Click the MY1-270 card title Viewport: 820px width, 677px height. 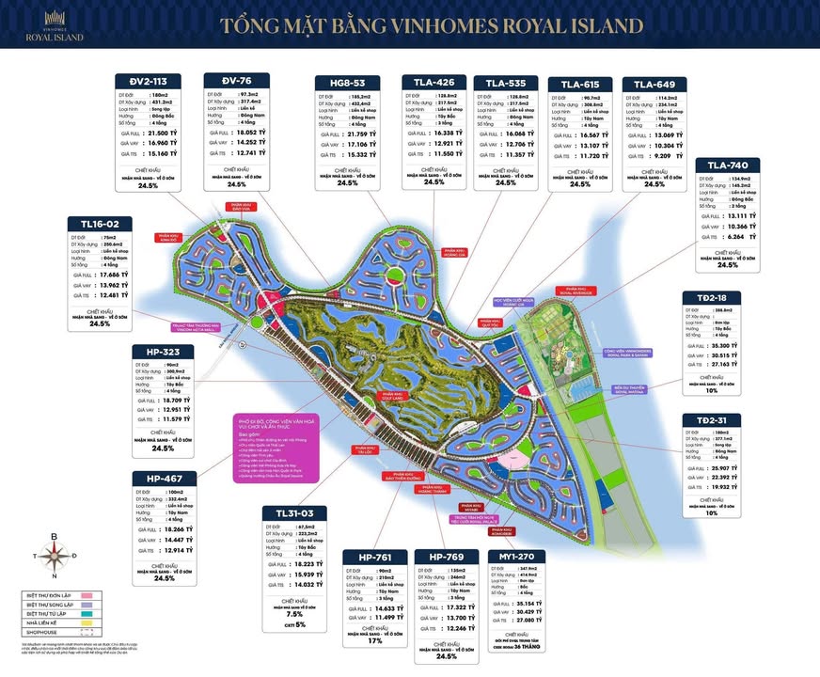[x=515, y=557]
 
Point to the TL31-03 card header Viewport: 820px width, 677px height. [x=300, y=512]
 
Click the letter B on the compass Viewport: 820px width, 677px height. [x=54, y=537]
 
